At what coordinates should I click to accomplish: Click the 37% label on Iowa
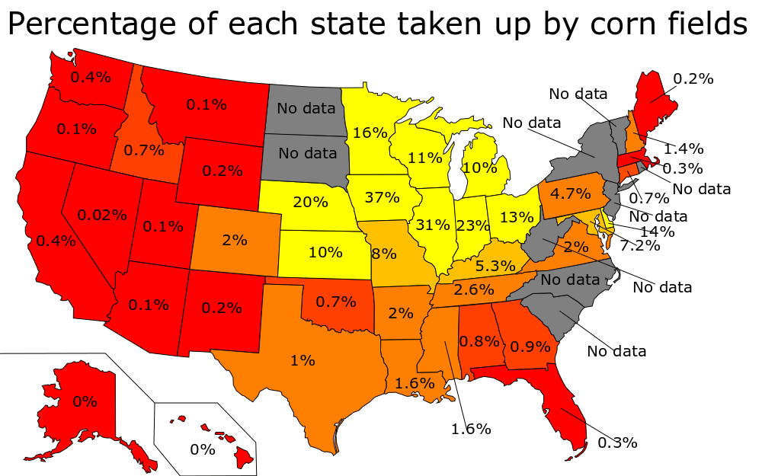[x=382, y=198]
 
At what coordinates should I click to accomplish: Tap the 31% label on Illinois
[x=434, y=225]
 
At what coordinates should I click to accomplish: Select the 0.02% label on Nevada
[x=102, y=215]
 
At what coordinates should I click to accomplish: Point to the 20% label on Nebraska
[x=310, y=202]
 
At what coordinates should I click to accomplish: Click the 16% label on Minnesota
[x=370, y=133]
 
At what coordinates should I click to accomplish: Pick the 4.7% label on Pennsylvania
[x=568, y=192]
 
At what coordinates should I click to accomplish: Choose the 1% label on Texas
[x=303, y=360]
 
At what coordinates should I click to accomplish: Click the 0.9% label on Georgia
[x=530, y=347]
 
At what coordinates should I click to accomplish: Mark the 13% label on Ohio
[x=517, y=217]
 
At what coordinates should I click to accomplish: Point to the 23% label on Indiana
[x=473, y=225]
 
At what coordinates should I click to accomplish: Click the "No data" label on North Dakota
[x=306, y=108]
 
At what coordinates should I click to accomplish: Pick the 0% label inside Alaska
[x=85, y=401]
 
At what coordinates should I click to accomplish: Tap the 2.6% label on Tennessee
[x=474, y=289]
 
